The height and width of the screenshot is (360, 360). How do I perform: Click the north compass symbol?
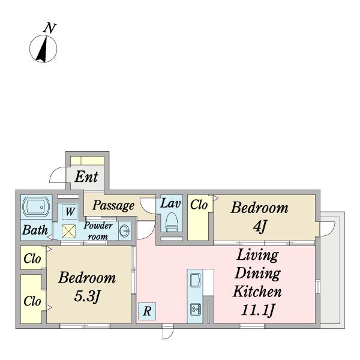click(x=43, y=49)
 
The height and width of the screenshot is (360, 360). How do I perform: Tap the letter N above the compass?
click(x=50, y=28)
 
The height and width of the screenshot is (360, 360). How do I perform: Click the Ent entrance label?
click(x=86, y=177)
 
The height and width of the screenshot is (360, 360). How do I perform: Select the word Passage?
click(x=113, y=205)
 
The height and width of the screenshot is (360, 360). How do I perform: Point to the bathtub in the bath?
click(x=36, y=208)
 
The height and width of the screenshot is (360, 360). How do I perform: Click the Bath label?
click(x=35, y=230)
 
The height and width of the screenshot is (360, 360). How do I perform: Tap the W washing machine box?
click(x=70, y=211)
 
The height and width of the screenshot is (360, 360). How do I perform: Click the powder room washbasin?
click(x=124, y=230)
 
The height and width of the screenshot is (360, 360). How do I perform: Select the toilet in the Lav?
click(x=172, y=222)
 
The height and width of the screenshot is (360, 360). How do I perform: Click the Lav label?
click(x=170, y=203)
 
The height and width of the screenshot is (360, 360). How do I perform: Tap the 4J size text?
click(x=260, y=226)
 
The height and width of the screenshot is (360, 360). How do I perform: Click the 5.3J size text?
click(x=87, y=296)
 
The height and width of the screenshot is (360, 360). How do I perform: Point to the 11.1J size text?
click(x=257, y=310)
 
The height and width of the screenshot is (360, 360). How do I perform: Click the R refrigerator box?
click(x=147, y=311)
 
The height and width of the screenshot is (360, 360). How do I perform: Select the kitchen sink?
click(x=195, y=280)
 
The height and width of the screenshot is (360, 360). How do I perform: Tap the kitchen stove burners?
click(x=196, y=309)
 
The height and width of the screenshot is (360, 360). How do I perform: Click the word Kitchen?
click(x=257, y=292)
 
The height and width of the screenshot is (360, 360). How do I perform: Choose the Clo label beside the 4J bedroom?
click(x=199, y=205)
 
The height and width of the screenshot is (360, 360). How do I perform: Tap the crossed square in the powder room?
click(x=68, y=232)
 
